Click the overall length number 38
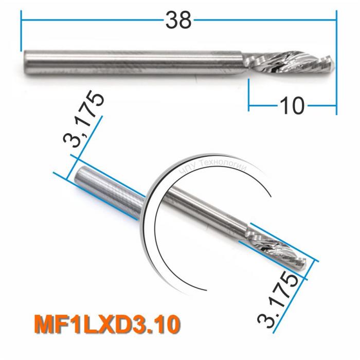tap(178, 21)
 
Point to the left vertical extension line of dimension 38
tap(21, 31)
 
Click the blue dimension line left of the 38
tap(93, 20)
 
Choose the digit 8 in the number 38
tap(185, 21)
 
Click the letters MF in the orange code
tap(52, 326)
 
